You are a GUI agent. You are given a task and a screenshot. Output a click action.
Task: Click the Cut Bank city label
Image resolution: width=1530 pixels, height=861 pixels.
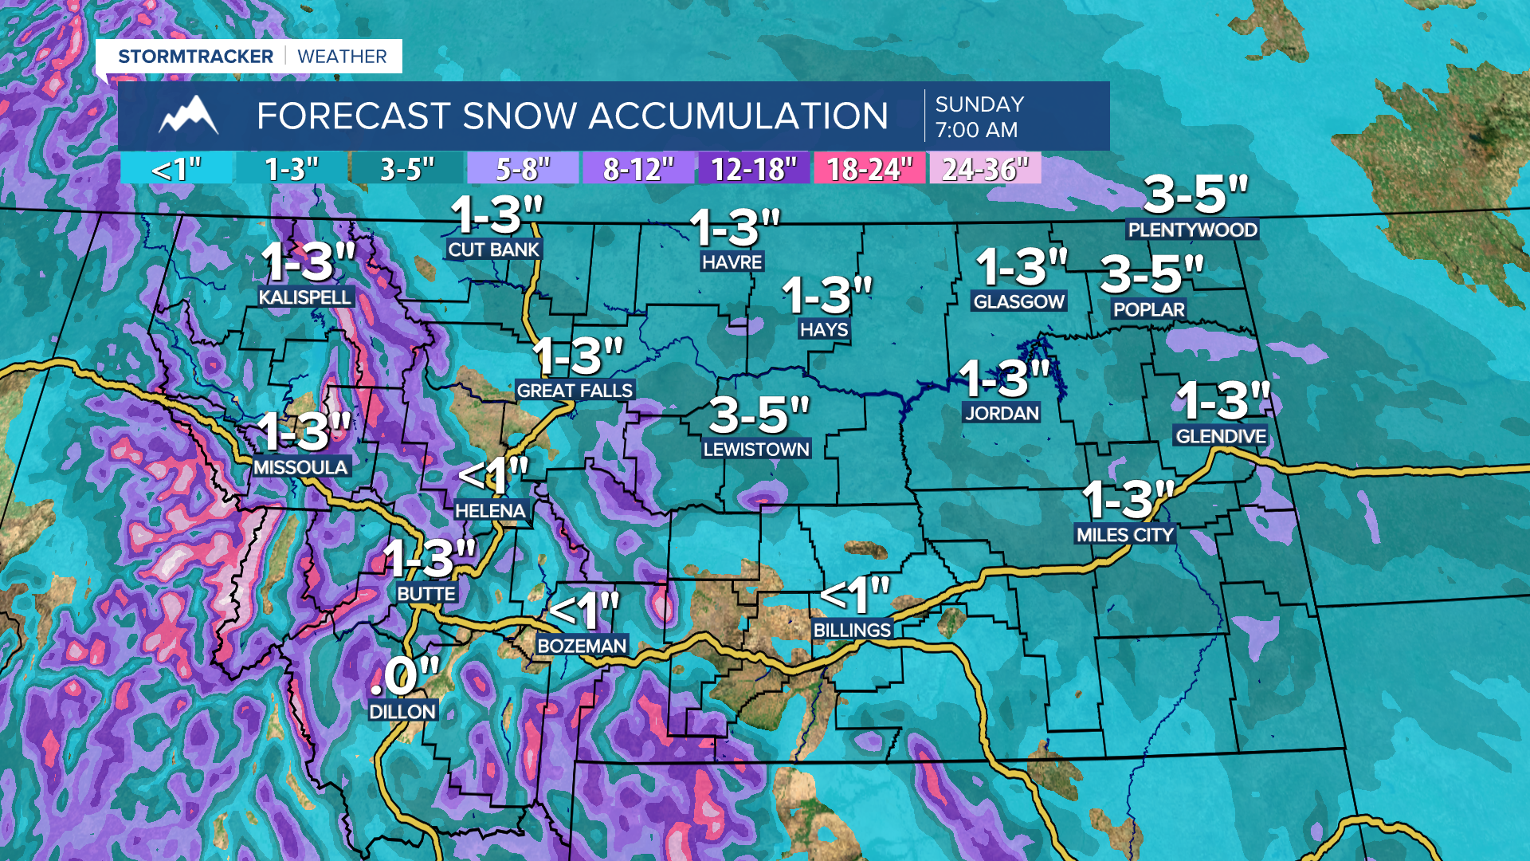493,250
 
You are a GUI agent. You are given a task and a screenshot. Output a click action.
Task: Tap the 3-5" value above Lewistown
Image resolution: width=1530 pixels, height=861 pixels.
759,415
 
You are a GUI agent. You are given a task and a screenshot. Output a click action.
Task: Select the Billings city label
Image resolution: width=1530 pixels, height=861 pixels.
852,630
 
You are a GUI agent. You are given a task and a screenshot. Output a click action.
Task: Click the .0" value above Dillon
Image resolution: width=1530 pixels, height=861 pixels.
405,676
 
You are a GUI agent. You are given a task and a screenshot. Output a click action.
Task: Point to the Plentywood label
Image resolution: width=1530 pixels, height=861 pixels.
1192,230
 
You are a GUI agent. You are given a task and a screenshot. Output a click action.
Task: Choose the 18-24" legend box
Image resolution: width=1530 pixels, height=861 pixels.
869,169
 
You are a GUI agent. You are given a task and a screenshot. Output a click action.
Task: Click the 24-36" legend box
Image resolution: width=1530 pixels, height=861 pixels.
985,169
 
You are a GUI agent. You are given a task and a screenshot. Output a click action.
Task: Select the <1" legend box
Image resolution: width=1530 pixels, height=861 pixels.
176,169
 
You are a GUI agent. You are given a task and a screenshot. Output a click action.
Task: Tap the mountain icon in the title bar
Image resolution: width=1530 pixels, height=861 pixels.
188,116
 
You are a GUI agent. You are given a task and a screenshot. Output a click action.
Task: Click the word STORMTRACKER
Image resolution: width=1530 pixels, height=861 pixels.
195,57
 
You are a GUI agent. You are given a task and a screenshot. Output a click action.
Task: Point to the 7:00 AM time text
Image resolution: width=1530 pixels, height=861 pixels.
976,130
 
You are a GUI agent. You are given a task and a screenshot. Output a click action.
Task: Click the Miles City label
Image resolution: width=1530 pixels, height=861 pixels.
1124,535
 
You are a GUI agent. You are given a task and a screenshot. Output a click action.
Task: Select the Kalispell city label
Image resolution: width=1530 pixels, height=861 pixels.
305,297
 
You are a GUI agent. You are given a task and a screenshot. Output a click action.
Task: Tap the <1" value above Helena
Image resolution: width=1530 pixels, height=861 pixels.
493,476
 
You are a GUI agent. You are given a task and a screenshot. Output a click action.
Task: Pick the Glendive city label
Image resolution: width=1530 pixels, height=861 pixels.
1220,436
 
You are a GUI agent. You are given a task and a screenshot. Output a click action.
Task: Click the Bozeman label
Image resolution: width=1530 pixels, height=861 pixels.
582,645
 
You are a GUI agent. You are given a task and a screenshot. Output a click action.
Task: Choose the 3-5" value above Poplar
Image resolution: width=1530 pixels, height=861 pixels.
1151,274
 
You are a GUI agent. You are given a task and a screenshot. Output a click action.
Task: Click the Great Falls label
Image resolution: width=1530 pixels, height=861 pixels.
575,390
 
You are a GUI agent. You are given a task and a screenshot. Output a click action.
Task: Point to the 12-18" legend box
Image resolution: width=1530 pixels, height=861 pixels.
753,169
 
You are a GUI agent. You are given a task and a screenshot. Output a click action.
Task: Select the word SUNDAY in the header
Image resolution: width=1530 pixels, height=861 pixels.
979,104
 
